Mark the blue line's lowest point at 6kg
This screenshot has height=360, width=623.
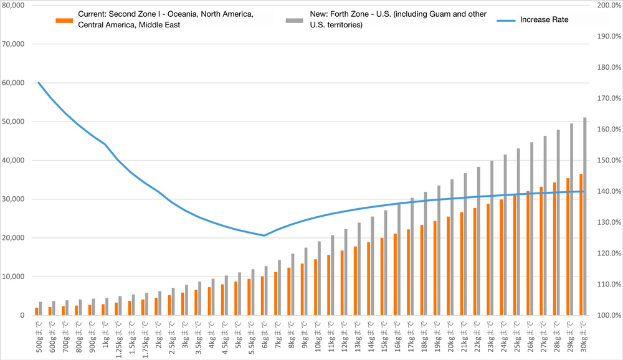pos(264,235)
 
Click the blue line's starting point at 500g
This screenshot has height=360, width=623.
pos(39,82)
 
